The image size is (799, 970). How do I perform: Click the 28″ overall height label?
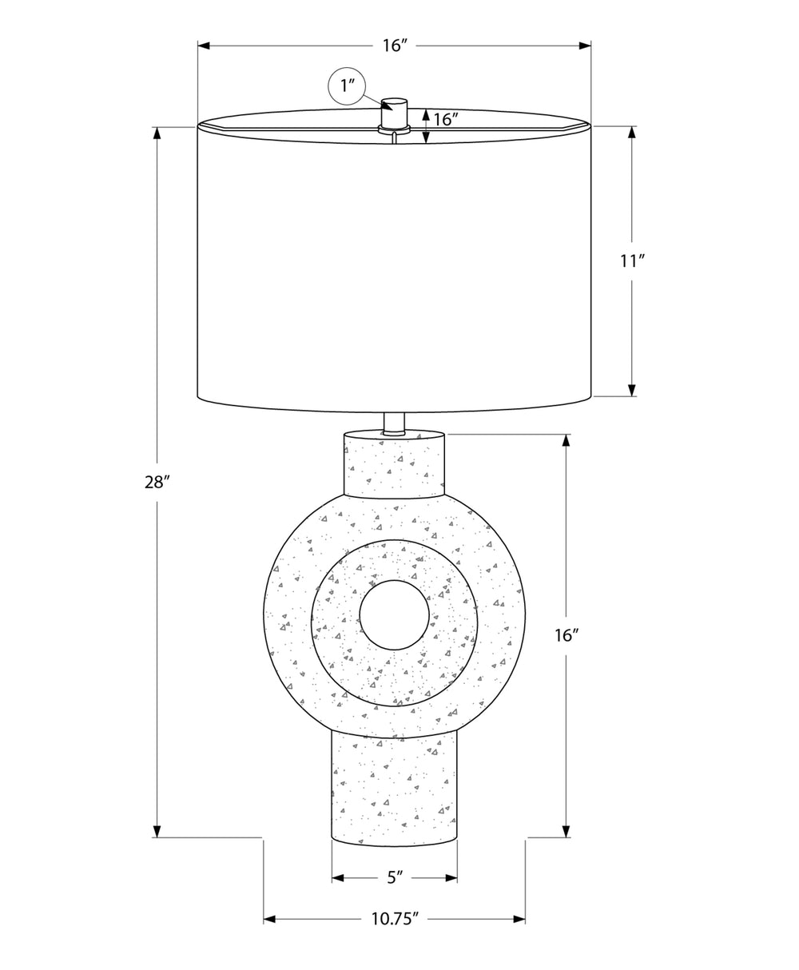157,482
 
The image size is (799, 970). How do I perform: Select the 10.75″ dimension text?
395,919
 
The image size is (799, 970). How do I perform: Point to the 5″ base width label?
395,877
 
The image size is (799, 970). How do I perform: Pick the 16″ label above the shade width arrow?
395,46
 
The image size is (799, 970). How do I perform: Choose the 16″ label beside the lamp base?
566,635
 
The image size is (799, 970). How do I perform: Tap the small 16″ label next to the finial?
444,120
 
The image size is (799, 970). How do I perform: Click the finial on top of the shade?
394,113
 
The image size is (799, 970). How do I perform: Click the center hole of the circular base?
393,614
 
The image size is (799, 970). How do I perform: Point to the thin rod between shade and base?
395,422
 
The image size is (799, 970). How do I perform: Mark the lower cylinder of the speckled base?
395,791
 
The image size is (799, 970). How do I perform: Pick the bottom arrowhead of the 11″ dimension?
631,390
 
